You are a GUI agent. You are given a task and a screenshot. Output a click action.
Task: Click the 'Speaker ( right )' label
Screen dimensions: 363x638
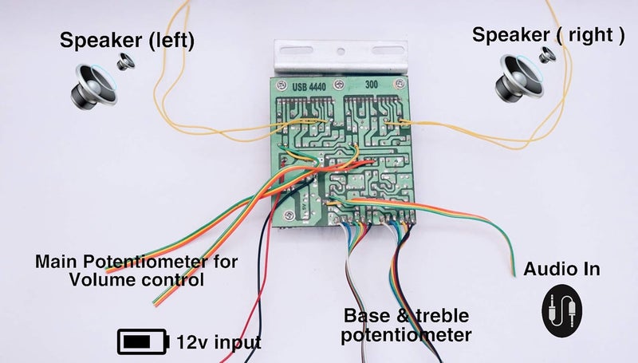tap(547, 35)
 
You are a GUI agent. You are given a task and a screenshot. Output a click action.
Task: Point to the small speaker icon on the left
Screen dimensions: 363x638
tap(126, 61)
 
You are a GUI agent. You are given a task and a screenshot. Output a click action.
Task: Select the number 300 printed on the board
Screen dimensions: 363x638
tap(372, 84)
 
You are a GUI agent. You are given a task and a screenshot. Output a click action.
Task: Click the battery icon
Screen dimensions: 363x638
tap(144, 341)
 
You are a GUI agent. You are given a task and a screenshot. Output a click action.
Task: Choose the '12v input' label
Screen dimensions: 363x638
tap(219, 343)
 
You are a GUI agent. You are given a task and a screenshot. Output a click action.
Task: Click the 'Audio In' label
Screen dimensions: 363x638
tap(561, 270)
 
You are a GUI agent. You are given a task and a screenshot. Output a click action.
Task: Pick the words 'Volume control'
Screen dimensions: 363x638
tap(136, 280)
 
